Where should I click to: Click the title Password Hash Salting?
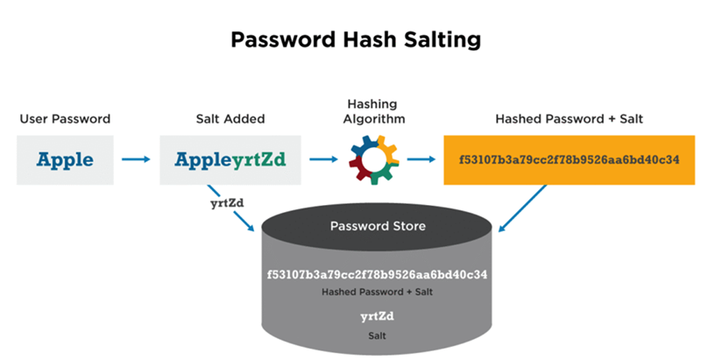pos(356,40)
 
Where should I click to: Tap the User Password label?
pos(66,117)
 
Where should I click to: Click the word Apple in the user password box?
pos(66,160)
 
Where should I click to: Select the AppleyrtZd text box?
pos(230,160)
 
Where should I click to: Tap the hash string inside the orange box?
pos(570,160)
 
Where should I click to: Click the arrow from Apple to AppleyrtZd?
pos(135,160)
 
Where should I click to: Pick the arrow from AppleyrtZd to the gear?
pos(324,160)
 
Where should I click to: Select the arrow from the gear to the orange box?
pos(421,160)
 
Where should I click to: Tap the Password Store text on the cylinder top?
pos(378,226)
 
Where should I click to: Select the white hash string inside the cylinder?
pos(377,274)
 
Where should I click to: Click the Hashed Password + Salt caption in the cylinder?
pos(377,292)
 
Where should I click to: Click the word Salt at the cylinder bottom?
pos(377,335)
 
